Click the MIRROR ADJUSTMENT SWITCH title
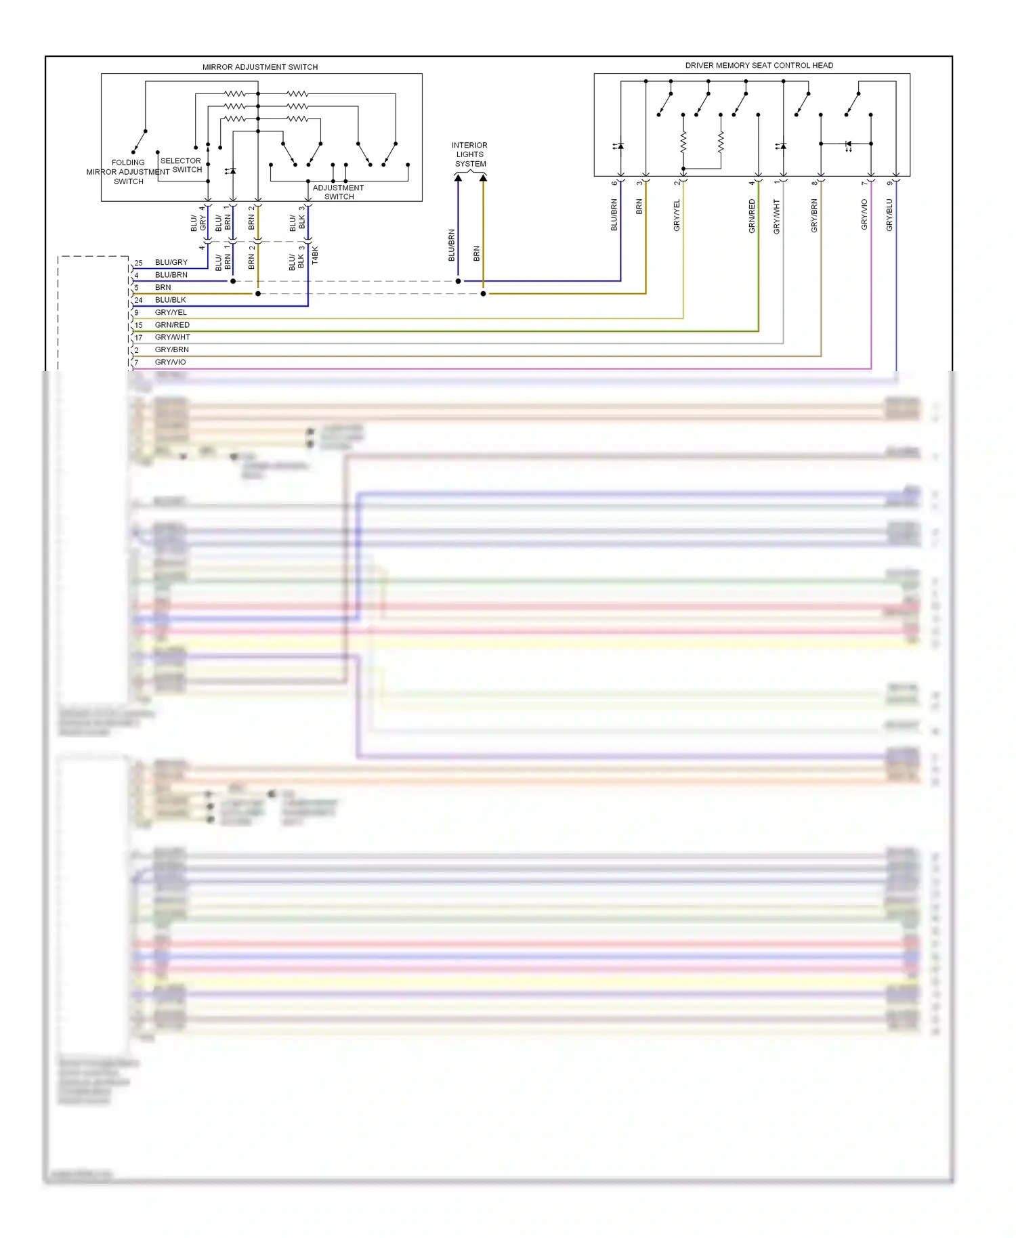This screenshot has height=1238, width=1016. tap(260, 67)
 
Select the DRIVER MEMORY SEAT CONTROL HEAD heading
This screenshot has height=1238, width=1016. tap(759, 66)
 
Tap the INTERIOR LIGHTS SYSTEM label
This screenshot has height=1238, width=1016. tap(469, 154)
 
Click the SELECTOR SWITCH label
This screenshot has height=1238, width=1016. tap(181, 165)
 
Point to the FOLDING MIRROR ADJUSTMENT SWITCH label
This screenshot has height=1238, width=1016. tap(128, 172)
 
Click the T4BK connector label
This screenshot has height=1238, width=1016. tap(315, 255)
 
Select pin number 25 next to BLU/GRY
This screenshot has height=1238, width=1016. tap(138, 263)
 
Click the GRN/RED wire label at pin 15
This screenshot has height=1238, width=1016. tap(172, 325)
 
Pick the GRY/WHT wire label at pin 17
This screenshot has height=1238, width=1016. tap(172, 337)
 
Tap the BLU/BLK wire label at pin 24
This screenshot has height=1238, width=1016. tap(170, 300)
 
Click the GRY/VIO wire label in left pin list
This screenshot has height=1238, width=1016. tap(170, 362)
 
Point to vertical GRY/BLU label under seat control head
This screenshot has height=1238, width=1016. tap(889, 215)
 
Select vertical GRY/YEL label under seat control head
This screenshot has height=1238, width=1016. tap(677, 215)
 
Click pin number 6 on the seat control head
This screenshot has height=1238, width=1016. tap(614, 183)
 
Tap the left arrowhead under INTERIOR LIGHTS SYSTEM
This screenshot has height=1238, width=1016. tap(458, 178)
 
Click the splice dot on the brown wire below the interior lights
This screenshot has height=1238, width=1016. tap(483, 294)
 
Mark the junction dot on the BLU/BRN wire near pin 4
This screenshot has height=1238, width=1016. tap(233, 281)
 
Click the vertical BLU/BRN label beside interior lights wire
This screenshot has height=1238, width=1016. tap(452, 245)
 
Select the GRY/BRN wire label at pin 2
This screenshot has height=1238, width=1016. tap(171, 350)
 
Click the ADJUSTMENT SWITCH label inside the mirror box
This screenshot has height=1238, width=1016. tap(339, 192)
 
